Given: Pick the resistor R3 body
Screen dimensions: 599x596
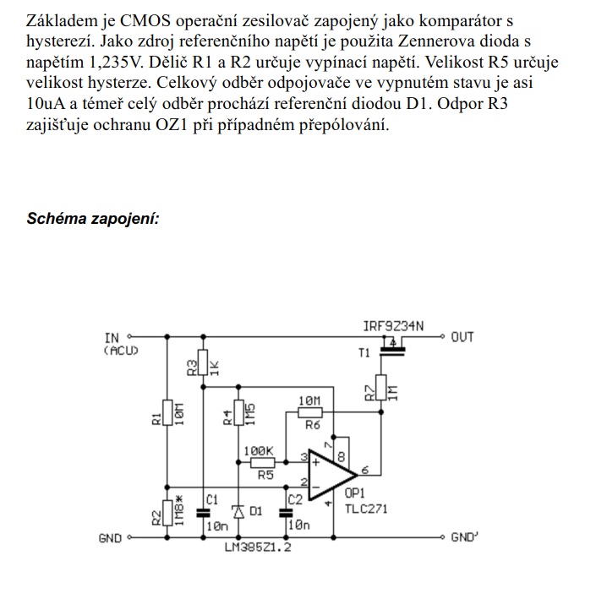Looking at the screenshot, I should tap(202, 365).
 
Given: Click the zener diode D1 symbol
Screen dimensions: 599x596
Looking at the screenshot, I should tap(238, 511).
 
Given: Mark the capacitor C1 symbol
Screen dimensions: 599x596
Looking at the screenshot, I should tap(202, 511).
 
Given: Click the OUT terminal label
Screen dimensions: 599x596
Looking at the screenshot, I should tap(462, 337).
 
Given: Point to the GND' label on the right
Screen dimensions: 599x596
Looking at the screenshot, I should tap(465, 536).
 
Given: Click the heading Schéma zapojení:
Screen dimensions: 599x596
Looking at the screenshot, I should tap(93, 219).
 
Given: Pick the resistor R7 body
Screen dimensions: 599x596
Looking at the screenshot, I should tap(381, 389).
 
